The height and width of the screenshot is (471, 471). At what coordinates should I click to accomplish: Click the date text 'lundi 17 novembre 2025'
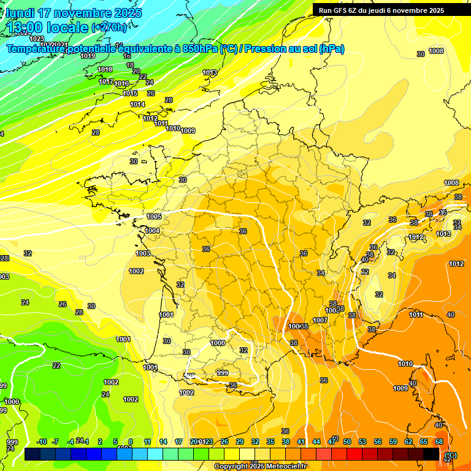pos(74,13)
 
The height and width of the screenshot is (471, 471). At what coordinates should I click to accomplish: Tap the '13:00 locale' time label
pos(47,27)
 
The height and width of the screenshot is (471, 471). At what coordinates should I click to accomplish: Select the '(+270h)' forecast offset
pos(110,27)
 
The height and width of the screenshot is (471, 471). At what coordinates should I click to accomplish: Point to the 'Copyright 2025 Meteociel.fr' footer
pos(260,466)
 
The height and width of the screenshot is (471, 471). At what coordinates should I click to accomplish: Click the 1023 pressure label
pos(37,39)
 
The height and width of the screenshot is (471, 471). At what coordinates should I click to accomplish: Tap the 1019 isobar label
pos(88,56)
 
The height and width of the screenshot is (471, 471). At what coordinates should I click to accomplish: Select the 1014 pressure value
pos(137,104)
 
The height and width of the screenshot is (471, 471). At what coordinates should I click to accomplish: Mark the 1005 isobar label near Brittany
pos(154,216)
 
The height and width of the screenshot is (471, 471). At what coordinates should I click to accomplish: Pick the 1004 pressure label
pos(152,231)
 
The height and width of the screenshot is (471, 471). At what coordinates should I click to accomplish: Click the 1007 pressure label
pos(320,320)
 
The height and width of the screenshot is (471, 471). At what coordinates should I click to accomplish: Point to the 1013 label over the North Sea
pos(210,72)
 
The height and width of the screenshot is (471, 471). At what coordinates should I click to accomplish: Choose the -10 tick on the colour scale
pos(42,442)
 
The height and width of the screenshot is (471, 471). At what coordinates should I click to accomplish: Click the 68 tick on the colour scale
pos(439,442)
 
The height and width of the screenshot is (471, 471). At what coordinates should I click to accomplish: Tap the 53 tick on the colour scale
pos(362,442)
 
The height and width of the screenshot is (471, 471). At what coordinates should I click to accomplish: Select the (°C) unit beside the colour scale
pos(451,455)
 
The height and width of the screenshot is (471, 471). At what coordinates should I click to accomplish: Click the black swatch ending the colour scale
pos(431,454)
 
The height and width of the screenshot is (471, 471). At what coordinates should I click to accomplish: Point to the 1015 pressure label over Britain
pos(130,93)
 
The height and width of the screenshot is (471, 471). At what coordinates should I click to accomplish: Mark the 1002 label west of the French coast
pos(136,271)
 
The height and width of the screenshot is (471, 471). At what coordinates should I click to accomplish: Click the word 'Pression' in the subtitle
pos(262,48)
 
